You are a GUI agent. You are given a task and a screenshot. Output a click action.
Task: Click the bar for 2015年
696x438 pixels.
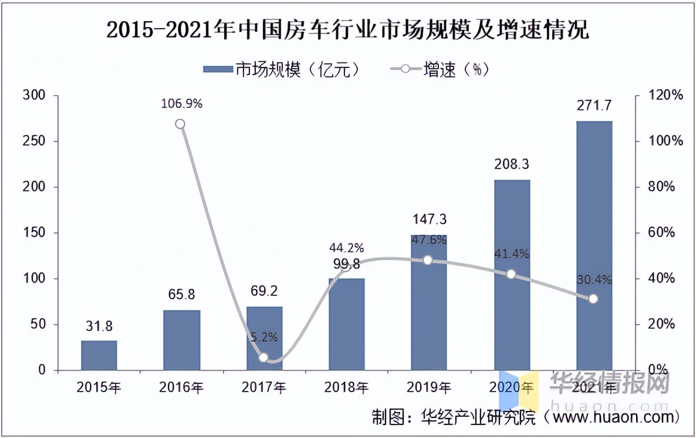coord(99,355)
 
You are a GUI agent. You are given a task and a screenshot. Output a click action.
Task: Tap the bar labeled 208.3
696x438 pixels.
coord(512,275)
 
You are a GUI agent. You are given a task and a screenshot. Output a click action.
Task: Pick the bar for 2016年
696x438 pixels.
coord(181,340)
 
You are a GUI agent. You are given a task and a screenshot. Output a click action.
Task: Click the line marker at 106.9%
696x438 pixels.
coord(180,124)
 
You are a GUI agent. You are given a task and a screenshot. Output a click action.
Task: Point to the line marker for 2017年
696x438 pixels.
coord(263,358)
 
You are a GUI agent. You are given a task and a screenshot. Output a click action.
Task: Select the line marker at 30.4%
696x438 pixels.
coord(593,299)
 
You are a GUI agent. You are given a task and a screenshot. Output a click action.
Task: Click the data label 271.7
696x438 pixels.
coord(594,106)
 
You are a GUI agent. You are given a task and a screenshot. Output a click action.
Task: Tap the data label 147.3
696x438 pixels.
coord(429,220)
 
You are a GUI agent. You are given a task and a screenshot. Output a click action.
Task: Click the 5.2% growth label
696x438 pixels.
coord(263,338)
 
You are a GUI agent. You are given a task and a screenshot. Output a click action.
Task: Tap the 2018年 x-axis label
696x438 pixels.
coord(346,388)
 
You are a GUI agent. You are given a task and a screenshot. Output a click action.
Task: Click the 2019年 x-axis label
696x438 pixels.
coord(429,388)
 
